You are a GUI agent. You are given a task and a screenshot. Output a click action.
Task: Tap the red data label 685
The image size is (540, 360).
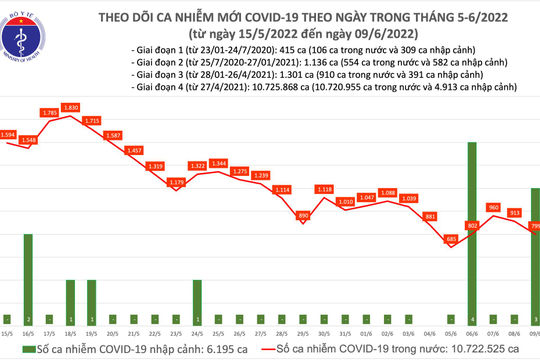pyautogui.click(x=451, y=238)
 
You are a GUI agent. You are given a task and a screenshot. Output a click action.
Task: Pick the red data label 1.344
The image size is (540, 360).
pyautogui.click(x=220, y=163)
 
